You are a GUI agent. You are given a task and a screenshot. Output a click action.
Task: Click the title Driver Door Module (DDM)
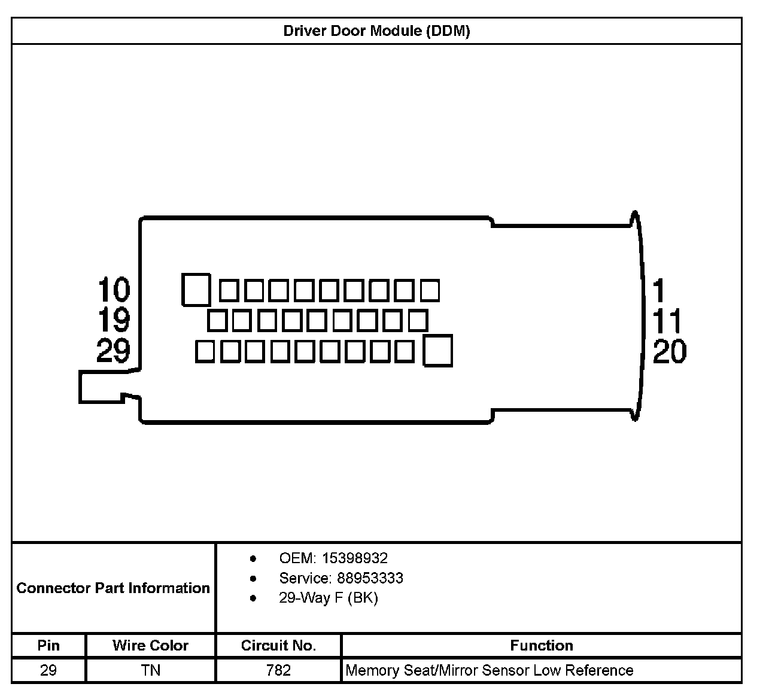(376, 31)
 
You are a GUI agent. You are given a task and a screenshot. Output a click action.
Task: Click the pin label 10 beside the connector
(114, 290)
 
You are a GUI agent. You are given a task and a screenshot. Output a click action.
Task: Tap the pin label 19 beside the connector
(114, 320)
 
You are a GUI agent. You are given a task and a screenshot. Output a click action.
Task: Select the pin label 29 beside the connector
(114, 350)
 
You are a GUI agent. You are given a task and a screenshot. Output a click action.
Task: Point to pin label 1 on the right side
(659, 291)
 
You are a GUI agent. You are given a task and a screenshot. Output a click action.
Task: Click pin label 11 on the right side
(667, 321)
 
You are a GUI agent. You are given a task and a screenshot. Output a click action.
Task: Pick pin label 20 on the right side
(670, 351)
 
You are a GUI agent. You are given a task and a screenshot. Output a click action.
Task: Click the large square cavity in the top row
(196, 290)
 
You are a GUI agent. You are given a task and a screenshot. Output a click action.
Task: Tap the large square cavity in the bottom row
(437, 351)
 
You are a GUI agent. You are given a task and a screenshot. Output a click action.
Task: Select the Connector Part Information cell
(113, 588)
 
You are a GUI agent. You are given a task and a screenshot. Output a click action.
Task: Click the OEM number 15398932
(355, 558)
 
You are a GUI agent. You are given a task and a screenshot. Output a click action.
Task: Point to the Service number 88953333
(370, 578)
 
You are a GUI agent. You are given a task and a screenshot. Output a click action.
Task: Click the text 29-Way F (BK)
(329, 598)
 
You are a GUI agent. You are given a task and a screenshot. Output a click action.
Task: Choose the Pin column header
(48, 645)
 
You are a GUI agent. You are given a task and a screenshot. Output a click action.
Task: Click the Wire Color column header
(150, 645)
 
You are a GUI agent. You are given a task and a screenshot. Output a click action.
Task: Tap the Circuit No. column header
(278, 645)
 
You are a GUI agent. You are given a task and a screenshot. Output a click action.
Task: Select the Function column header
(541, 645)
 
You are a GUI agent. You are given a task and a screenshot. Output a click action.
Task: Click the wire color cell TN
(151, 670)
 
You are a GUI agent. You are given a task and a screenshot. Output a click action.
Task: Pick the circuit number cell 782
(278, 670)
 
